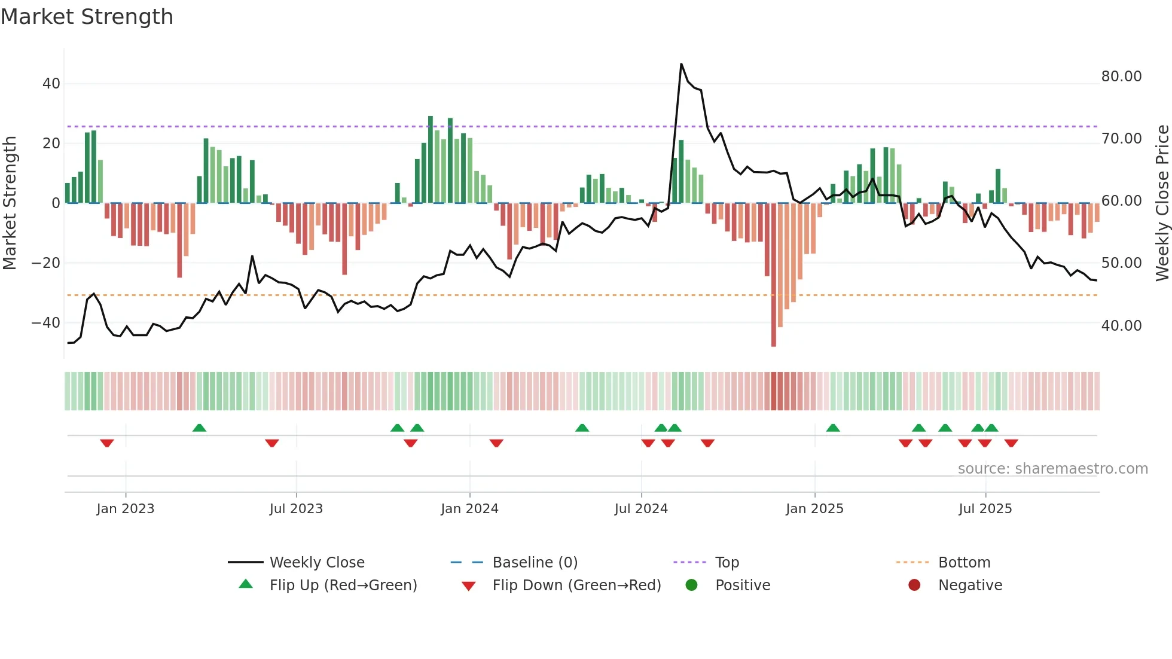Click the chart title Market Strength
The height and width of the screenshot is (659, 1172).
point(87,17)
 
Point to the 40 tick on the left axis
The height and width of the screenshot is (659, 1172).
point(51,84)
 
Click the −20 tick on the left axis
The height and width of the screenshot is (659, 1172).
point(46,263)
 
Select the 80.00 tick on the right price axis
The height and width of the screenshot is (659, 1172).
point(1121,77)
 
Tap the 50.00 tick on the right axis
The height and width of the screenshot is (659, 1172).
point(1121,263)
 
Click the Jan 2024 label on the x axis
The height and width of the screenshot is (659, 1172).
point(469,509)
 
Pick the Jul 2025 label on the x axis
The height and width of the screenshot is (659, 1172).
point(985,509)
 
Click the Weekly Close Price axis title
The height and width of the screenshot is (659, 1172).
point(1162,203)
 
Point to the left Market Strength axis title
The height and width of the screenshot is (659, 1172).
point(10,203)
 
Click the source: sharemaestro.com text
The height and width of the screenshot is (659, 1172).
point(1052,469)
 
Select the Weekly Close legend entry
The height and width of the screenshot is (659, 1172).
point(316,563)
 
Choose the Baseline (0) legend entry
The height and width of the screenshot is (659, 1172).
point(535,563)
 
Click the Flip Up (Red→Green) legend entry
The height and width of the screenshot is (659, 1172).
point(343,585)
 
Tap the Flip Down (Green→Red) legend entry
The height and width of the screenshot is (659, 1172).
point(576,585)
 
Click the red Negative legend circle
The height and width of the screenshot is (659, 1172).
point(914,585)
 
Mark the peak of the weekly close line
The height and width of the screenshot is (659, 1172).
point(681,64)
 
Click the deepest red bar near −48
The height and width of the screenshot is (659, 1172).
point(774,275)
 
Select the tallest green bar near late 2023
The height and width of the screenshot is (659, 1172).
point(431,159)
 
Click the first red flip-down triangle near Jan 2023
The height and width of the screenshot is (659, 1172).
point(107,443)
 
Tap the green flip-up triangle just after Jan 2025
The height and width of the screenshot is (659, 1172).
point(833,428)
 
